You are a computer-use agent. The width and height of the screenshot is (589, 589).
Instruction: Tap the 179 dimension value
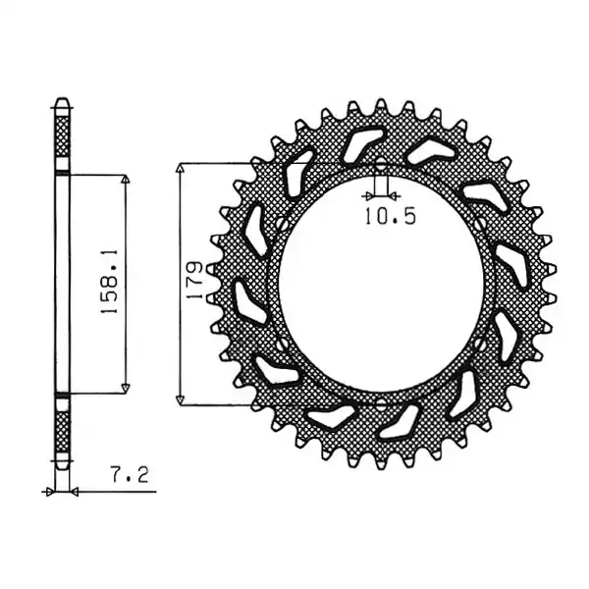195,280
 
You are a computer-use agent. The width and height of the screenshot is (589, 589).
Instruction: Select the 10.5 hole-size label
391,217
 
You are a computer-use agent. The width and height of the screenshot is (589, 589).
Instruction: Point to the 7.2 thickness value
130,475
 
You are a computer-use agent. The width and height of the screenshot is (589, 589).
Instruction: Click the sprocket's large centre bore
381,285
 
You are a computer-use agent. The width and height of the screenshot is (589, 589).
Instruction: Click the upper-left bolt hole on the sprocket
282,226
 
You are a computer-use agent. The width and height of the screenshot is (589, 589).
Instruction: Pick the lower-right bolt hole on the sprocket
480,344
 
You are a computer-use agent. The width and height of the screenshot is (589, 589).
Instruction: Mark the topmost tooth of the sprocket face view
381,104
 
